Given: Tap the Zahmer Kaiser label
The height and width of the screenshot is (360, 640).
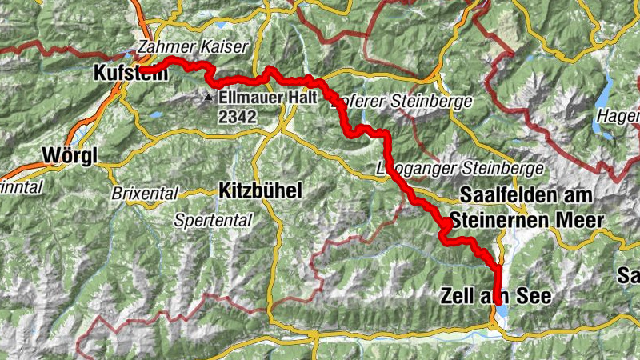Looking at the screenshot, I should (193, 46).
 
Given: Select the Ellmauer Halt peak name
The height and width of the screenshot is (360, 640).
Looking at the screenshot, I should (267, 97).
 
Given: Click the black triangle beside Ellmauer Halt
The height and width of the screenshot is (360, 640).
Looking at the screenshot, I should (208, 97).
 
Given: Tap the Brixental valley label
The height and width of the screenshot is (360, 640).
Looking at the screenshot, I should (141, 193).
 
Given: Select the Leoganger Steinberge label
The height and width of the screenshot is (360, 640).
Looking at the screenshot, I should (460, 169).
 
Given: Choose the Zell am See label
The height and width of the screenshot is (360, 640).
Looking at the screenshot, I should (496, 295).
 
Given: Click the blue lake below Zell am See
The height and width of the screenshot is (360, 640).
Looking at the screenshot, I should (501, 310).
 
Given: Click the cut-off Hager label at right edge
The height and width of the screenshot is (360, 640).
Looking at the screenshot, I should (618, 115).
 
